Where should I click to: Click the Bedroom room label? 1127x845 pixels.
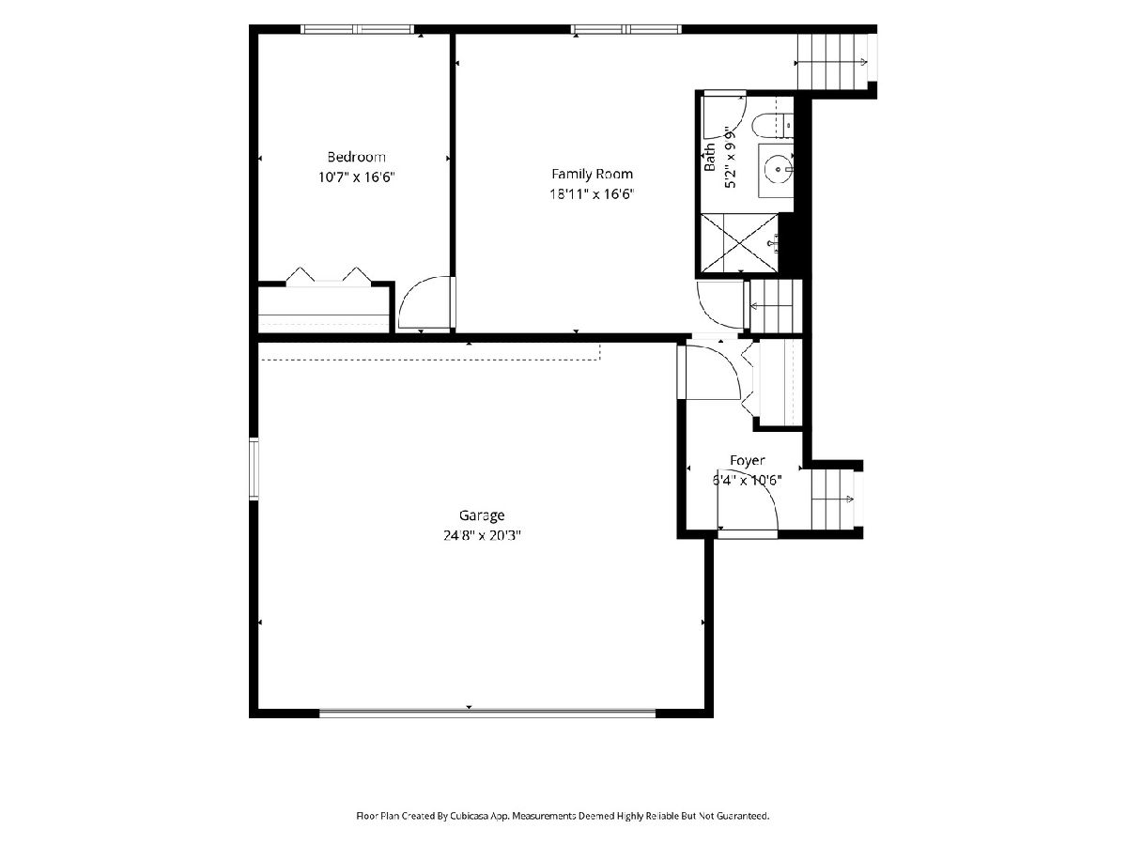[x=356, y=157]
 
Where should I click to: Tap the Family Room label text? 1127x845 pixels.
[x=592, y=175]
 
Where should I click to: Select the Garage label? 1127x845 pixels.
[x=482, y=515]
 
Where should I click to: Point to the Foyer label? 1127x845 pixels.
[x=747, y=461]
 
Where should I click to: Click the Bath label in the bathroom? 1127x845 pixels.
[x=710, y=157]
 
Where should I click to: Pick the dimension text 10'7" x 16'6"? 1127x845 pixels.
[x=356, y=177]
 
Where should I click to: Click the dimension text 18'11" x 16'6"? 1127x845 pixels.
[x=592, y=194]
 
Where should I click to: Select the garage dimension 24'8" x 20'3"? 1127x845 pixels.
[x=482, y=535]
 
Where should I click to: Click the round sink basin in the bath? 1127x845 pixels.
[x=778, y=168]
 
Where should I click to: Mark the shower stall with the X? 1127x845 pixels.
[x=739, y=242]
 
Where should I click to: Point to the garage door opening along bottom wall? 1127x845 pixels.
[x=487, y=714]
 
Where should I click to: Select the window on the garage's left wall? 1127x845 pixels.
[x=254, y=469]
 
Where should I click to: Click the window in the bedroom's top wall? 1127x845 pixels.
[x=357, y=29]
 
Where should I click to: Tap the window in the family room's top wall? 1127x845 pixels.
[x=625, y=29]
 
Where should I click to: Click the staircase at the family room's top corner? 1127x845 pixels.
[x=832, y=62]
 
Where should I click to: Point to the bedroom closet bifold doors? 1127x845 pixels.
[x=329, y=274]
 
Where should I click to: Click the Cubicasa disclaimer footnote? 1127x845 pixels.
[x=563, y=815]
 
